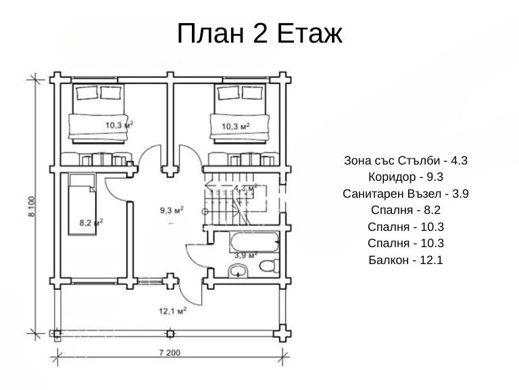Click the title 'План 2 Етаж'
pyautogui.click(x=259, y=33)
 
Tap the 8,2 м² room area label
pyautogui.click(x=91, y=222)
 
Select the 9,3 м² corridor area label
pyautogui.click(x=172, y=210)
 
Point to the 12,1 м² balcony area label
pyautogui.click(x=172, y=311)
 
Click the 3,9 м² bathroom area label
pyautogui.click(x=246, y=255)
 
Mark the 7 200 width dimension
pyautogui.click(x=170, y=353)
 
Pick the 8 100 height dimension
pyautogui.click(x=31, y=207)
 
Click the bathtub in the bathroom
pyautogui.click(x=255, y=242)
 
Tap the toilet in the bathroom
pyautogui.click(x=269, y=265)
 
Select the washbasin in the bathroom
pyautogui.click(x=238, y=270)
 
